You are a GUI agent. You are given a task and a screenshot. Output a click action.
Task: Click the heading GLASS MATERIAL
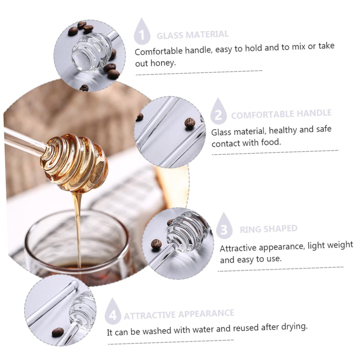click(x=193, y=35)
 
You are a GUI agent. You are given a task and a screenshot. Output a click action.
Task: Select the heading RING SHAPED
click(x=268, y=229)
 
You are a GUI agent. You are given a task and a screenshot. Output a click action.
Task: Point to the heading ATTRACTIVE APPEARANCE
click(x=179, y=314)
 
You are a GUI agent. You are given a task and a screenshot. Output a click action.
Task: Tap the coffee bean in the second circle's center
click(x=189, y=122)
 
